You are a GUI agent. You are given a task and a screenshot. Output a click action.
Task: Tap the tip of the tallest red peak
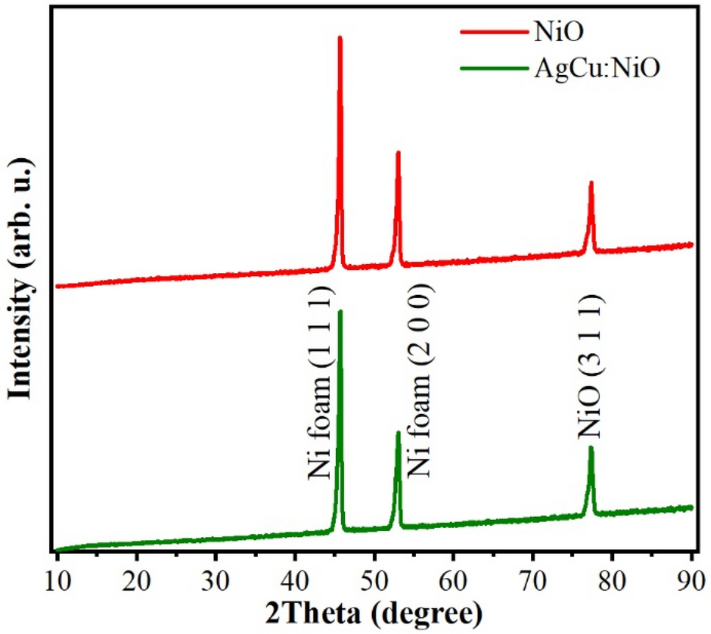click(x=340, y=37)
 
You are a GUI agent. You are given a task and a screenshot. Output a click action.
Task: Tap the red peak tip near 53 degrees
click(x=398, y=152)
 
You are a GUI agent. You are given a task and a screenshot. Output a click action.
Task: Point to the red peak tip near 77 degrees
click(x=590, y=182)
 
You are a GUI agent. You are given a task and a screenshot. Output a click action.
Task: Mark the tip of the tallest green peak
click(x=340, y=310)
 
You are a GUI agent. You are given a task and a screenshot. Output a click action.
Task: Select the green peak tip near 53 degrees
click(x=398, y=432)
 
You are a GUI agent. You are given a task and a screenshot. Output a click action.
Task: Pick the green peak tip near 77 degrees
click(x=590, y=447)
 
